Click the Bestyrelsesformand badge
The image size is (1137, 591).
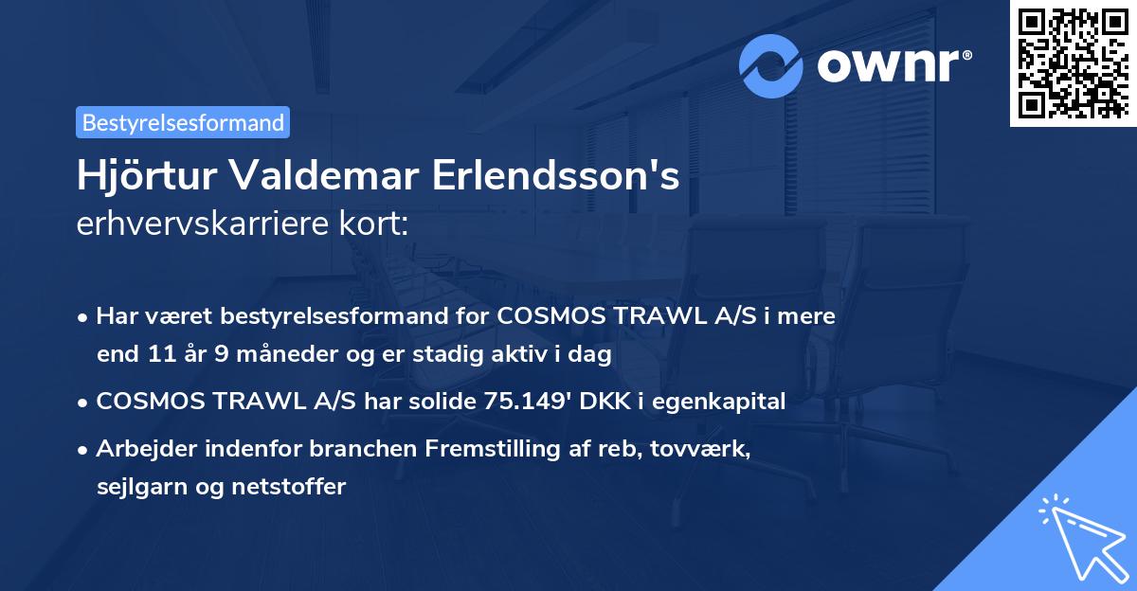pyautogui.click(x=182, y=122)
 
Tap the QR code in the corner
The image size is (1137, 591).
pyautogui.click(x=1073, y=63)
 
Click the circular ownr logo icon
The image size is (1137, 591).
pyautogui.click(x=772, y=65)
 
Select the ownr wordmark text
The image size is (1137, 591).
pyautogui.click(x=889, y=64)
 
